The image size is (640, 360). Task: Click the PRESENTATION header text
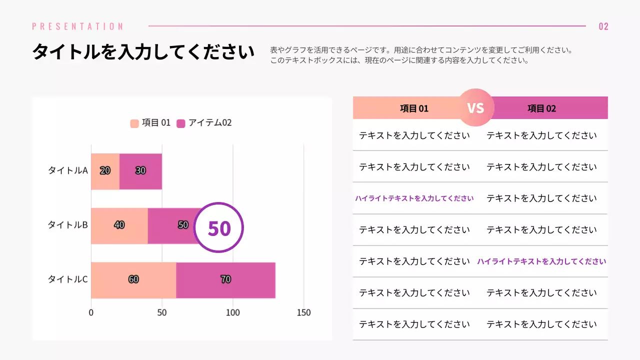click(x=77, y=26)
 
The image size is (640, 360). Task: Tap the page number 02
click(x=603, y=26)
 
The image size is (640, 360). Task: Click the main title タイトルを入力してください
click(x=143, y=52)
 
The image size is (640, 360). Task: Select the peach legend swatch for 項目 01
click(x=134, y=123)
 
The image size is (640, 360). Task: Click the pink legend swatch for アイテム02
click(x=181, y=123)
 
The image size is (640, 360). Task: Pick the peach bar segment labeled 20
click(x=105, y=171)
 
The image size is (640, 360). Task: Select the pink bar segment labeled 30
click(x=140, y=171)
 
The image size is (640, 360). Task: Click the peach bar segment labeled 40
click(x=119, y=225)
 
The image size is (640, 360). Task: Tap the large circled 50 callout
click(x=218, y=228)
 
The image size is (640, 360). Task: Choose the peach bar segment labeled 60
click(x=133, y=280)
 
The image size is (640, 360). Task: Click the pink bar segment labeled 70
click(x=225, y=280)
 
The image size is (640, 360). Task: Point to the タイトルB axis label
click(x=67, y=225)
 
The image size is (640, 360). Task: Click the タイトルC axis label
click(x=67, y=279)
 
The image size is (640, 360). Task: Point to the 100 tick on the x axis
click(x=232, y=313)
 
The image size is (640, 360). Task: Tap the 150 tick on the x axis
click(x=303, y=313)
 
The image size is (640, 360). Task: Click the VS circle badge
click(x=475, y=107)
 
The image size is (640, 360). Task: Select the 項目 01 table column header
click(x=414, y=108)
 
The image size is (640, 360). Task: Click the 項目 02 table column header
click(x=542, y=108)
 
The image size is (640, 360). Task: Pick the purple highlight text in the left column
click(x=414, y=198)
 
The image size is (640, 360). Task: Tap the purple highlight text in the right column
click(x=541, y=261)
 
